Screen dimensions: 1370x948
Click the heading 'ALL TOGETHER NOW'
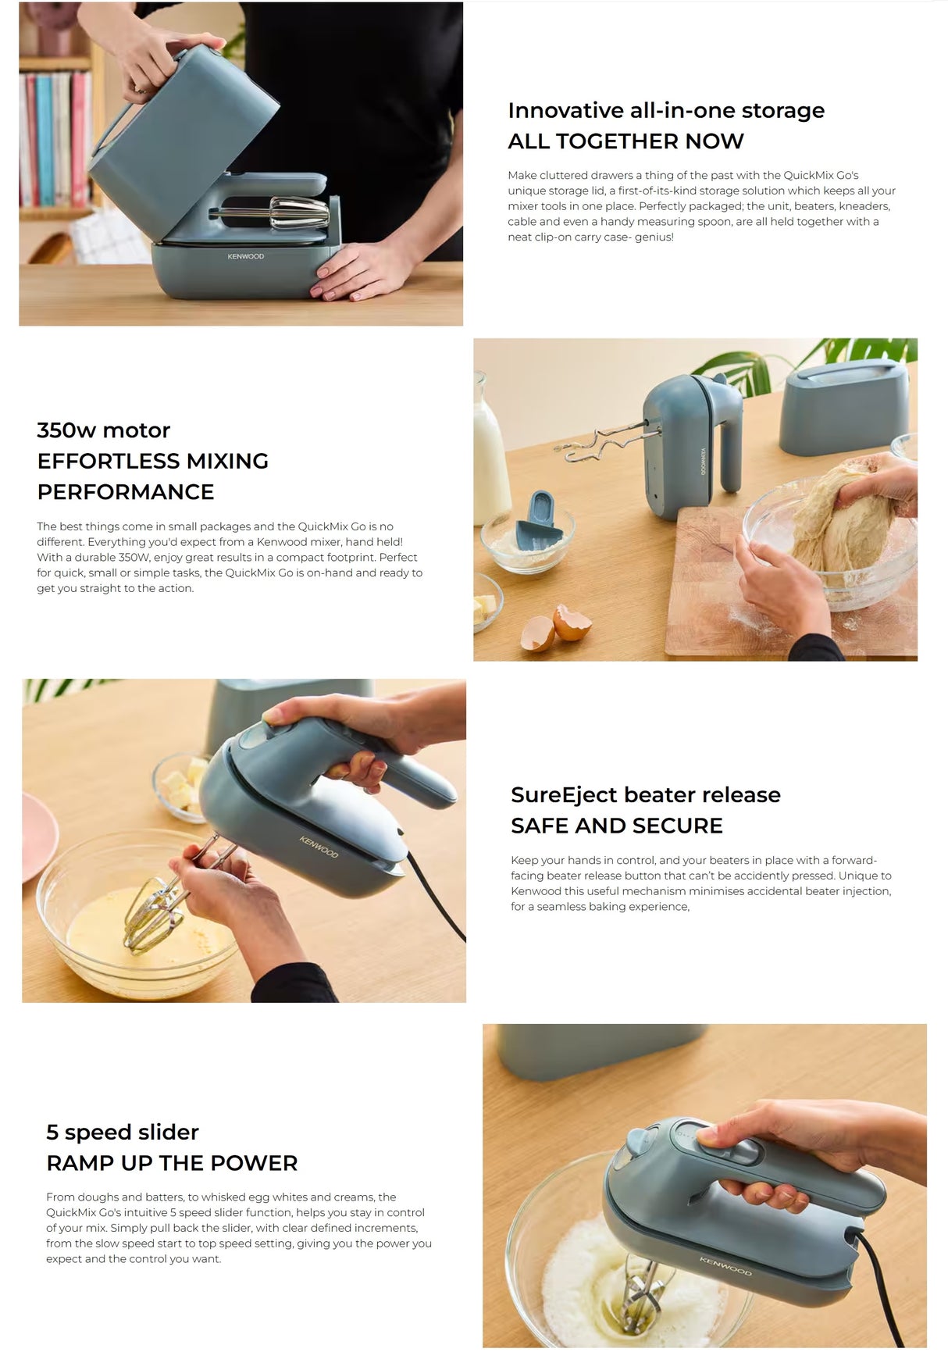click(625, 141)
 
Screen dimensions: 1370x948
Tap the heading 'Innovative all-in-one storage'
click(665, 110)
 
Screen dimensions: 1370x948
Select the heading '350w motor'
click(103, 430)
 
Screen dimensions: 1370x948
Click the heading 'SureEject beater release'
click(645, 795)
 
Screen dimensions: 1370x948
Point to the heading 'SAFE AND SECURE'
click(616, 826)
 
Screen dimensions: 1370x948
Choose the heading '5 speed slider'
click(122, 1133)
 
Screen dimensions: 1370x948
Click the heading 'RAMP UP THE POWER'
click(172, 1163)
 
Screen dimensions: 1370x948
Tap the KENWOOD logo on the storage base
click(245, 256)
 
